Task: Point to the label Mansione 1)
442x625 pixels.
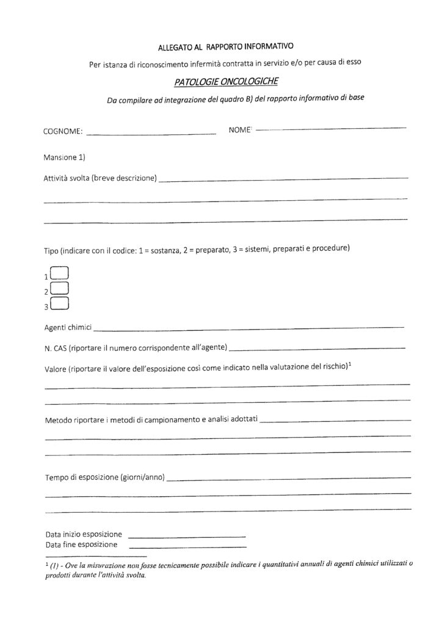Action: coord(65,157)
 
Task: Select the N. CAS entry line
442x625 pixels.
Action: coord(317,348)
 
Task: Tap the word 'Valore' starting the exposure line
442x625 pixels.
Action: coord(56,368)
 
